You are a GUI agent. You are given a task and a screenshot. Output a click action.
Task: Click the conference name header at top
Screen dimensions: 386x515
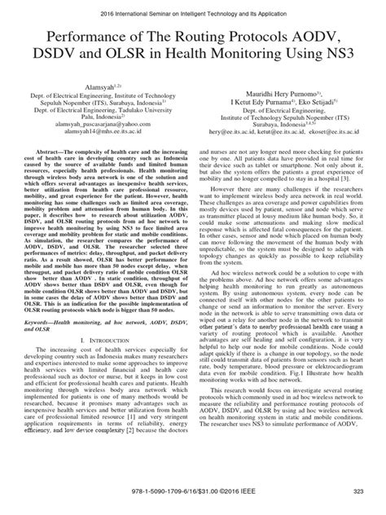click(x=192, y=8)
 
